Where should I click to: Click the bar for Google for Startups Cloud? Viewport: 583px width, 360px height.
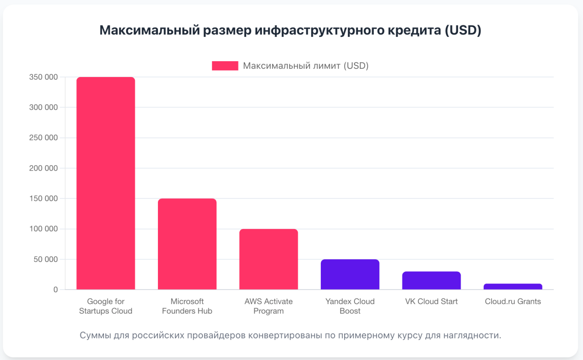pos(106,183)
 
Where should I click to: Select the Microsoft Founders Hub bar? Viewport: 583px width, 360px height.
pos(187,244)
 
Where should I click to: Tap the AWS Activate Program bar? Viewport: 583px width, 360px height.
pos(269,259)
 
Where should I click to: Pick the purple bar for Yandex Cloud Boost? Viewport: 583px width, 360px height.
pos(350,274)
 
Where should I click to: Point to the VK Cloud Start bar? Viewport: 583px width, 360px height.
pos(431,280)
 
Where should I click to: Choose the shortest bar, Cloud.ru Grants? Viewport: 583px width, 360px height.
pos(513,287)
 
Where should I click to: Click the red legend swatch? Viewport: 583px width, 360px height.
pos(225,66)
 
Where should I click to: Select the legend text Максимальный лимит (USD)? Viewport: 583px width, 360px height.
pos(306,66)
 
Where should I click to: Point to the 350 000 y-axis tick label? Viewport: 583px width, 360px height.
pos(43,77)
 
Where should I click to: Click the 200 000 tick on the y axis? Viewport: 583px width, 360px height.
pos(43,168)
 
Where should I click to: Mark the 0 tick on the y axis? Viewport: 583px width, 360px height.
pos(56,290)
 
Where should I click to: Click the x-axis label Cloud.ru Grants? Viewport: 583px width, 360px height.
pos(513,301)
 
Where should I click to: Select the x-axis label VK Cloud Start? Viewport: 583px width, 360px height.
pos(431,301)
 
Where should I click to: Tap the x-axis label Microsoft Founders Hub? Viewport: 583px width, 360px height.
pos(187,306)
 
